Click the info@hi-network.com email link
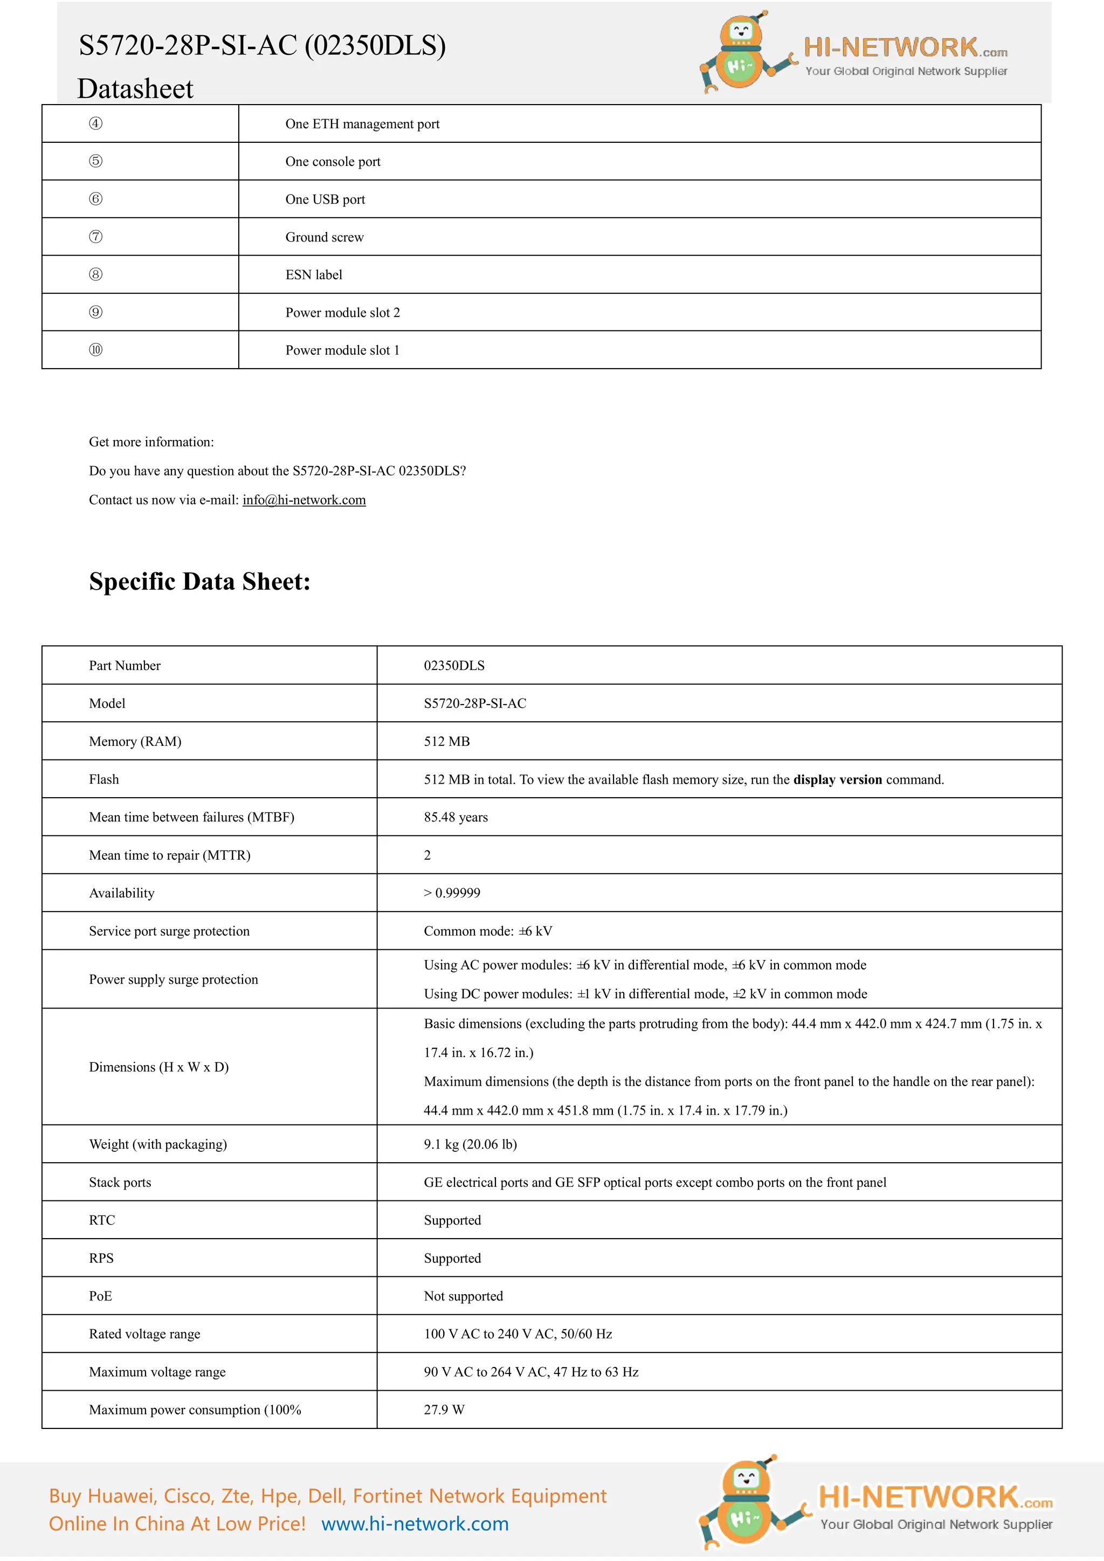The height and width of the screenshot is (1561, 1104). coord(304,500)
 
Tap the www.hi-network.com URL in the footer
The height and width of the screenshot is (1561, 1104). coord(415,1524)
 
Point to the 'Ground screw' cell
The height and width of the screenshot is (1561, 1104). coord(325,237)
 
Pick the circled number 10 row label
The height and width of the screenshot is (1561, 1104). coord(96,350)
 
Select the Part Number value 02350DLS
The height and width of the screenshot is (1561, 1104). coord(454,666)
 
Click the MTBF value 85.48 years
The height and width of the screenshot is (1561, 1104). coord(456,817)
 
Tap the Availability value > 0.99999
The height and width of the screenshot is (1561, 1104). coord(452,893)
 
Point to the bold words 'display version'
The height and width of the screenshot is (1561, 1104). coord(838,780)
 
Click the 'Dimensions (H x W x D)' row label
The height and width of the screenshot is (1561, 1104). coord(158,1067)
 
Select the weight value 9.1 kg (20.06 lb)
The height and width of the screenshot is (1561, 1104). coord(470,1144)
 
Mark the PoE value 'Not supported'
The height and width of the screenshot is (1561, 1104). coord(463,1296)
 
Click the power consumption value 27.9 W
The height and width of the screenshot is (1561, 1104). coord(444,1410)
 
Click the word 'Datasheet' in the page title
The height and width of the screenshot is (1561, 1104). coord(135,89)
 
